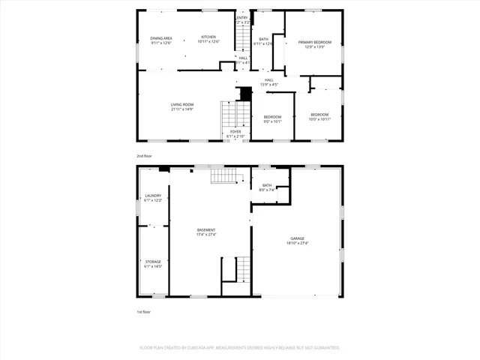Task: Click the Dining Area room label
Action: (160, 37)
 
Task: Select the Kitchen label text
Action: (208, 37)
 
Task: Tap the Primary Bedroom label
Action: (314, 42)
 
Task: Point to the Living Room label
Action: (182, 104)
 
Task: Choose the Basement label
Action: (206, 229)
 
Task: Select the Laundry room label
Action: (153, 196)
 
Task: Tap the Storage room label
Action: (153, 262)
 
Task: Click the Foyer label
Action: (235, 131)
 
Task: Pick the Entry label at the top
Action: (242, 18)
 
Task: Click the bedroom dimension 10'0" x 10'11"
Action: (320, 119)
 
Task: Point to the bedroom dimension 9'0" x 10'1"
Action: (272, 121)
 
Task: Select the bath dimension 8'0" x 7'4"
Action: (268, 190)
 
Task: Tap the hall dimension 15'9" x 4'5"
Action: (268, 85)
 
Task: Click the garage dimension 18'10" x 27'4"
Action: (298, 242)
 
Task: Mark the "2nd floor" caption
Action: (144, 155)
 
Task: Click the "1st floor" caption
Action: (143, 311)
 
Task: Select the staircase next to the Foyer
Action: (235, 114)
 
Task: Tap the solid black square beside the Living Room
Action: (244, 94)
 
